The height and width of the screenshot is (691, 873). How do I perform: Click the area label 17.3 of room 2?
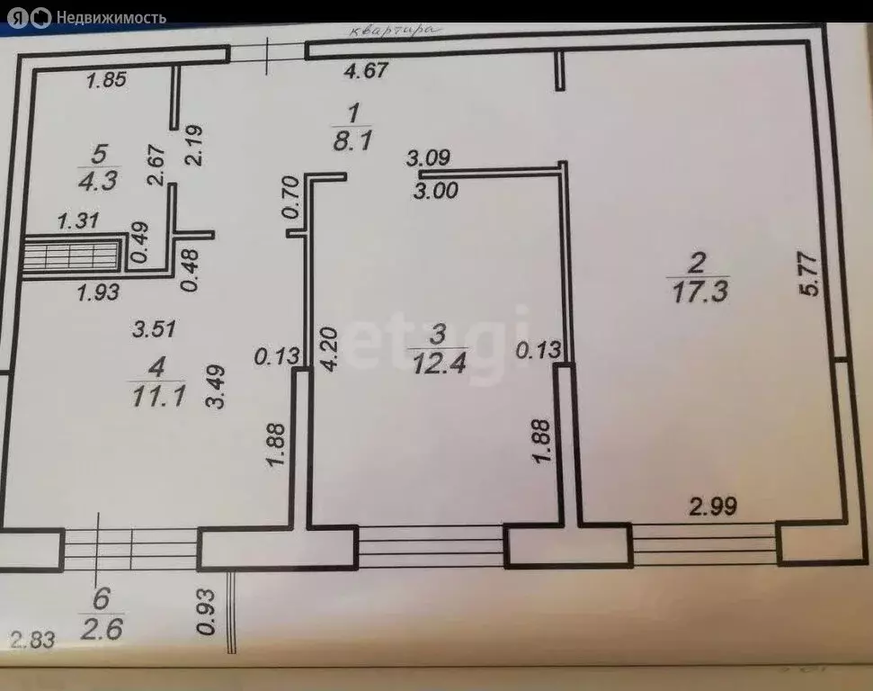pos(698,292)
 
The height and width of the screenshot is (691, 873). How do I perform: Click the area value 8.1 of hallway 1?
pos(352,141)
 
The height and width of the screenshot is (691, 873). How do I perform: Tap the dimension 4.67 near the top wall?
pos(370,70)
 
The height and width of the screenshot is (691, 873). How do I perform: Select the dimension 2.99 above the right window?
pos(713,507)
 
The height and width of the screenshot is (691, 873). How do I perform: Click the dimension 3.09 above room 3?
pos(428,159)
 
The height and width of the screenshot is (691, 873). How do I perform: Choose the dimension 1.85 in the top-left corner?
pos(106,80)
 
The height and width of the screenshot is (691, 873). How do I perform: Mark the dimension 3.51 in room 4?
pos(154,330)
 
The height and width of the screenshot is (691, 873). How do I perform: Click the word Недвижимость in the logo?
pos(111,17)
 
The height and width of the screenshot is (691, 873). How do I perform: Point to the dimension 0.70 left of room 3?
pos(289,197)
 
